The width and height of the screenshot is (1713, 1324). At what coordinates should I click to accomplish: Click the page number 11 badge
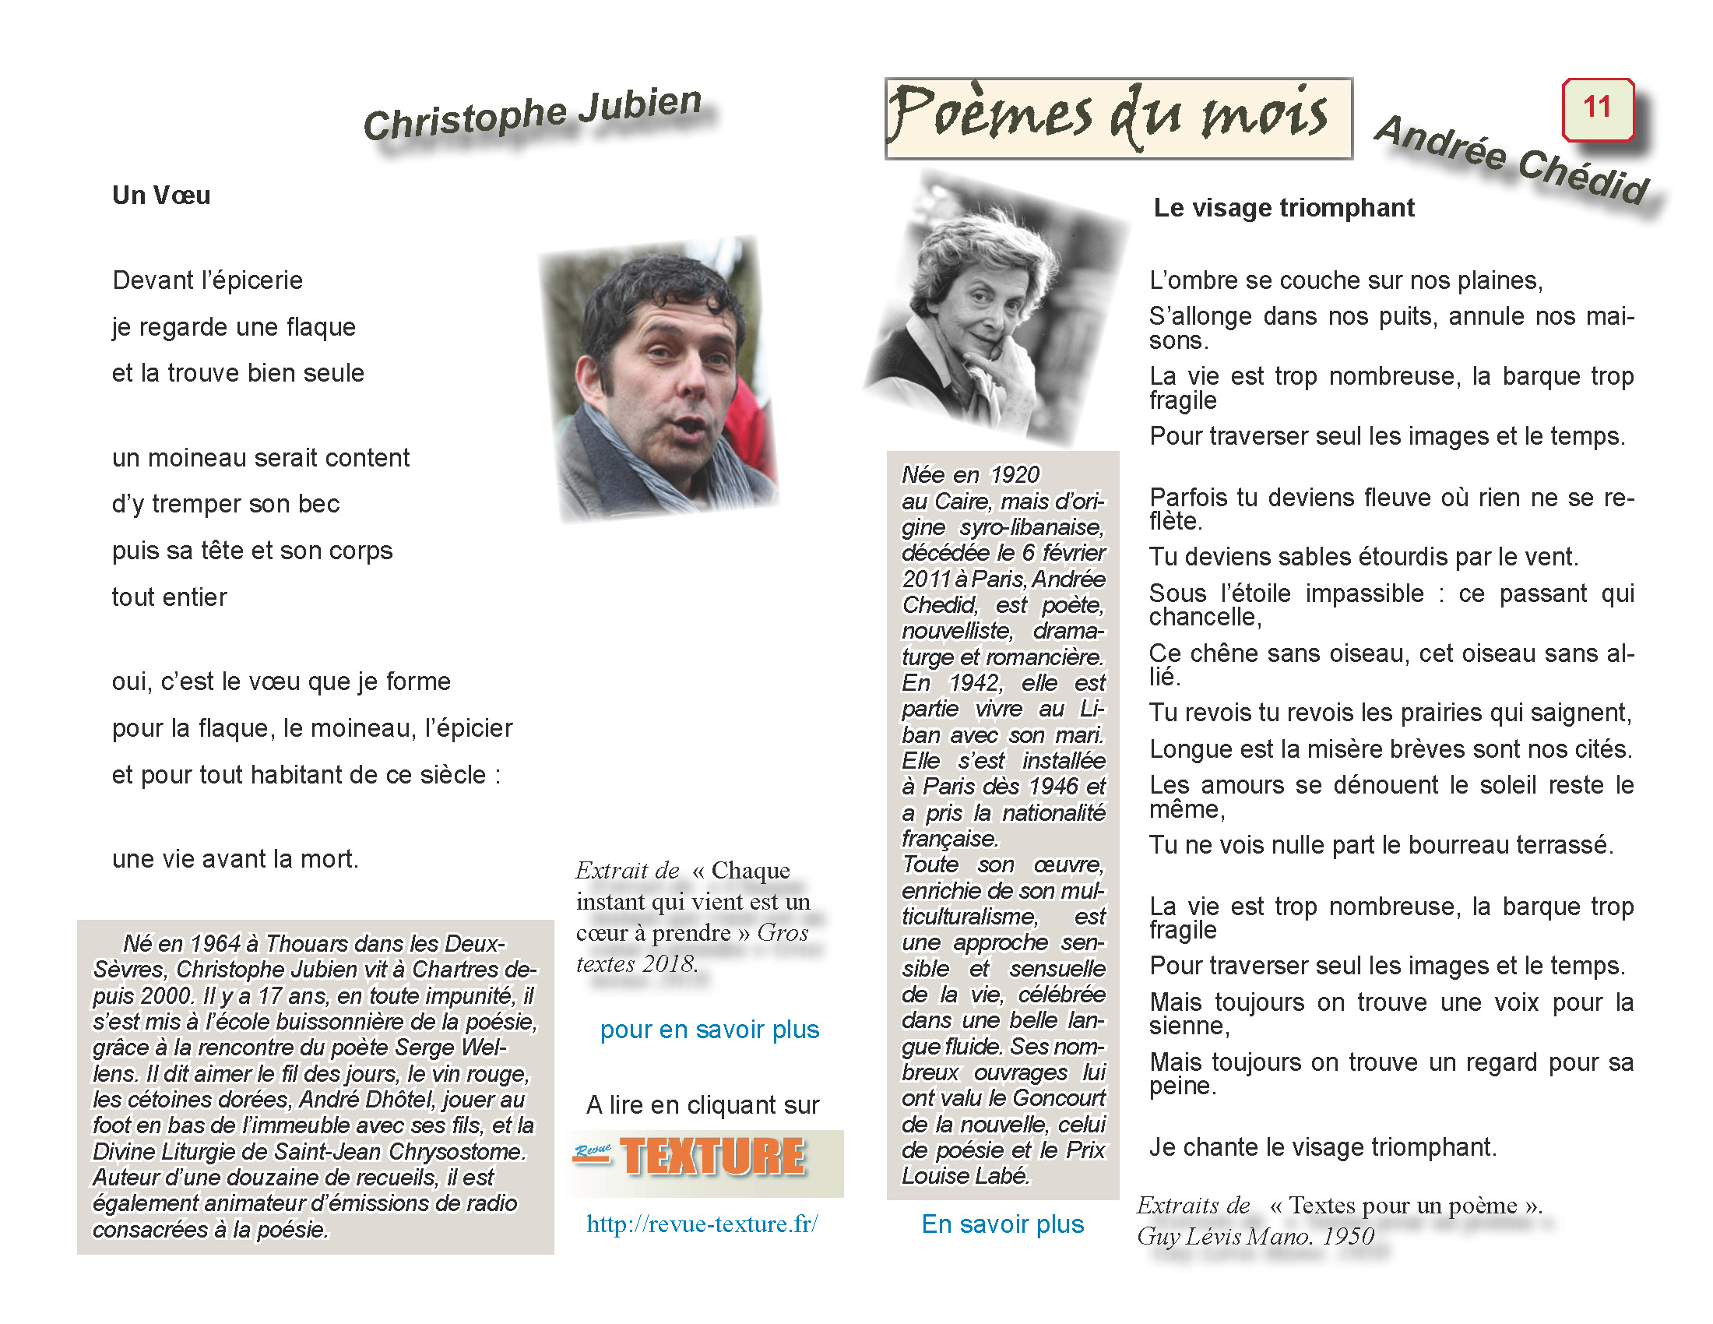[1597, 108]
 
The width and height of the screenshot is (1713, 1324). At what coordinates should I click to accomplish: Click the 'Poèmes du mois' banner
[1117, 118]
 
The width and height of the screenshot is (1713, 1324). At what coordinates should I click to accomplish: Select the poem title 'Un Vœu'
[161, 195]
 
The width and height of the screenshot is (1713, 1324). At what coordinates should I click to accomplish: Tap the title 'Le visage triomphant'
[1283, 208]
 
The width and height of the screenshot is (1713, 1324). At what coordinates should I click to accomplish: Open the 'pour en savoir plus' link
[709, 1029]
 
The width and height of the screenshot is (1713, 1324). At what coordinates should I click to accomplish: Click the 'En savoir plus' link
[1001, 1224]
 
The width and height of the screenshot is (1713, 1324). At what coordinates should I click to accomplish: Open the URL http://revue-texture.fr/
[702, 1224]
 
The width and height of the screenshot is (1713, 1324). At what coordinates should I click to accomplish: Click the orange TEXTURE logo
[712, 1157]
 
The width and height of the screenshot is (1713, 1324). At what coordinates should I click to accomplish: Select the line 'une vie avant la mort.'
[235, 859]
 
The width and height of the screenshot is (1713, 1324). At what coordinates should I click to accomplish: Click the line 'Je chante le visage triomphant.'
[1322, 1146]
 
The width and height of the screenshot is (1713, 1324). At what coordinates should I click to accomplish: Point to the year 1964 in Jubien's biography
[214, 944]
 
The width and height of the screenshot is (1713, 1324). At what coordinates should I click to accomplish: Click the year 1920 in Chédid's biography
[1014, 475]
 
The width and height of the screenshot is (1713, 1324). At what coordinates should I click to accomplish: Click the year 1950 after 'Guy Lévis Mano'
[1348, 1237]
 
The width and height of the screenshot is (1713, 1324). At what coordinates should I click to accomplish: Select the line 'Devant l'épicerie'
[207, 281]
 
